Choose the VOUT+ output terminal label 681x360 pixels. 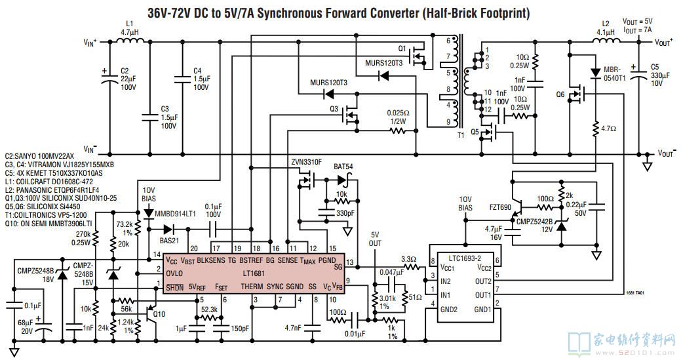coord(664,42)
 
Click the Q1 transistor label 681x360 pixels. coord(402,49)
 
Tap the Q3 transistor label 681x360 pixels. coord(334,108)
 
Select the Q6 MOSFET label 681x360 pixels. coord(560,94)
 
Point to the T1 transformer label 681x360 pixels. coord(459,135)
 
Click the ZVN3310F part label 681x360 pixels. coord(306,161)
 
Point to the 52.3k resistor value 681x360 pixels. coord(210,309)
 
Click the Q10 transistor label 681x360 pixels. coord(159,313)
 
